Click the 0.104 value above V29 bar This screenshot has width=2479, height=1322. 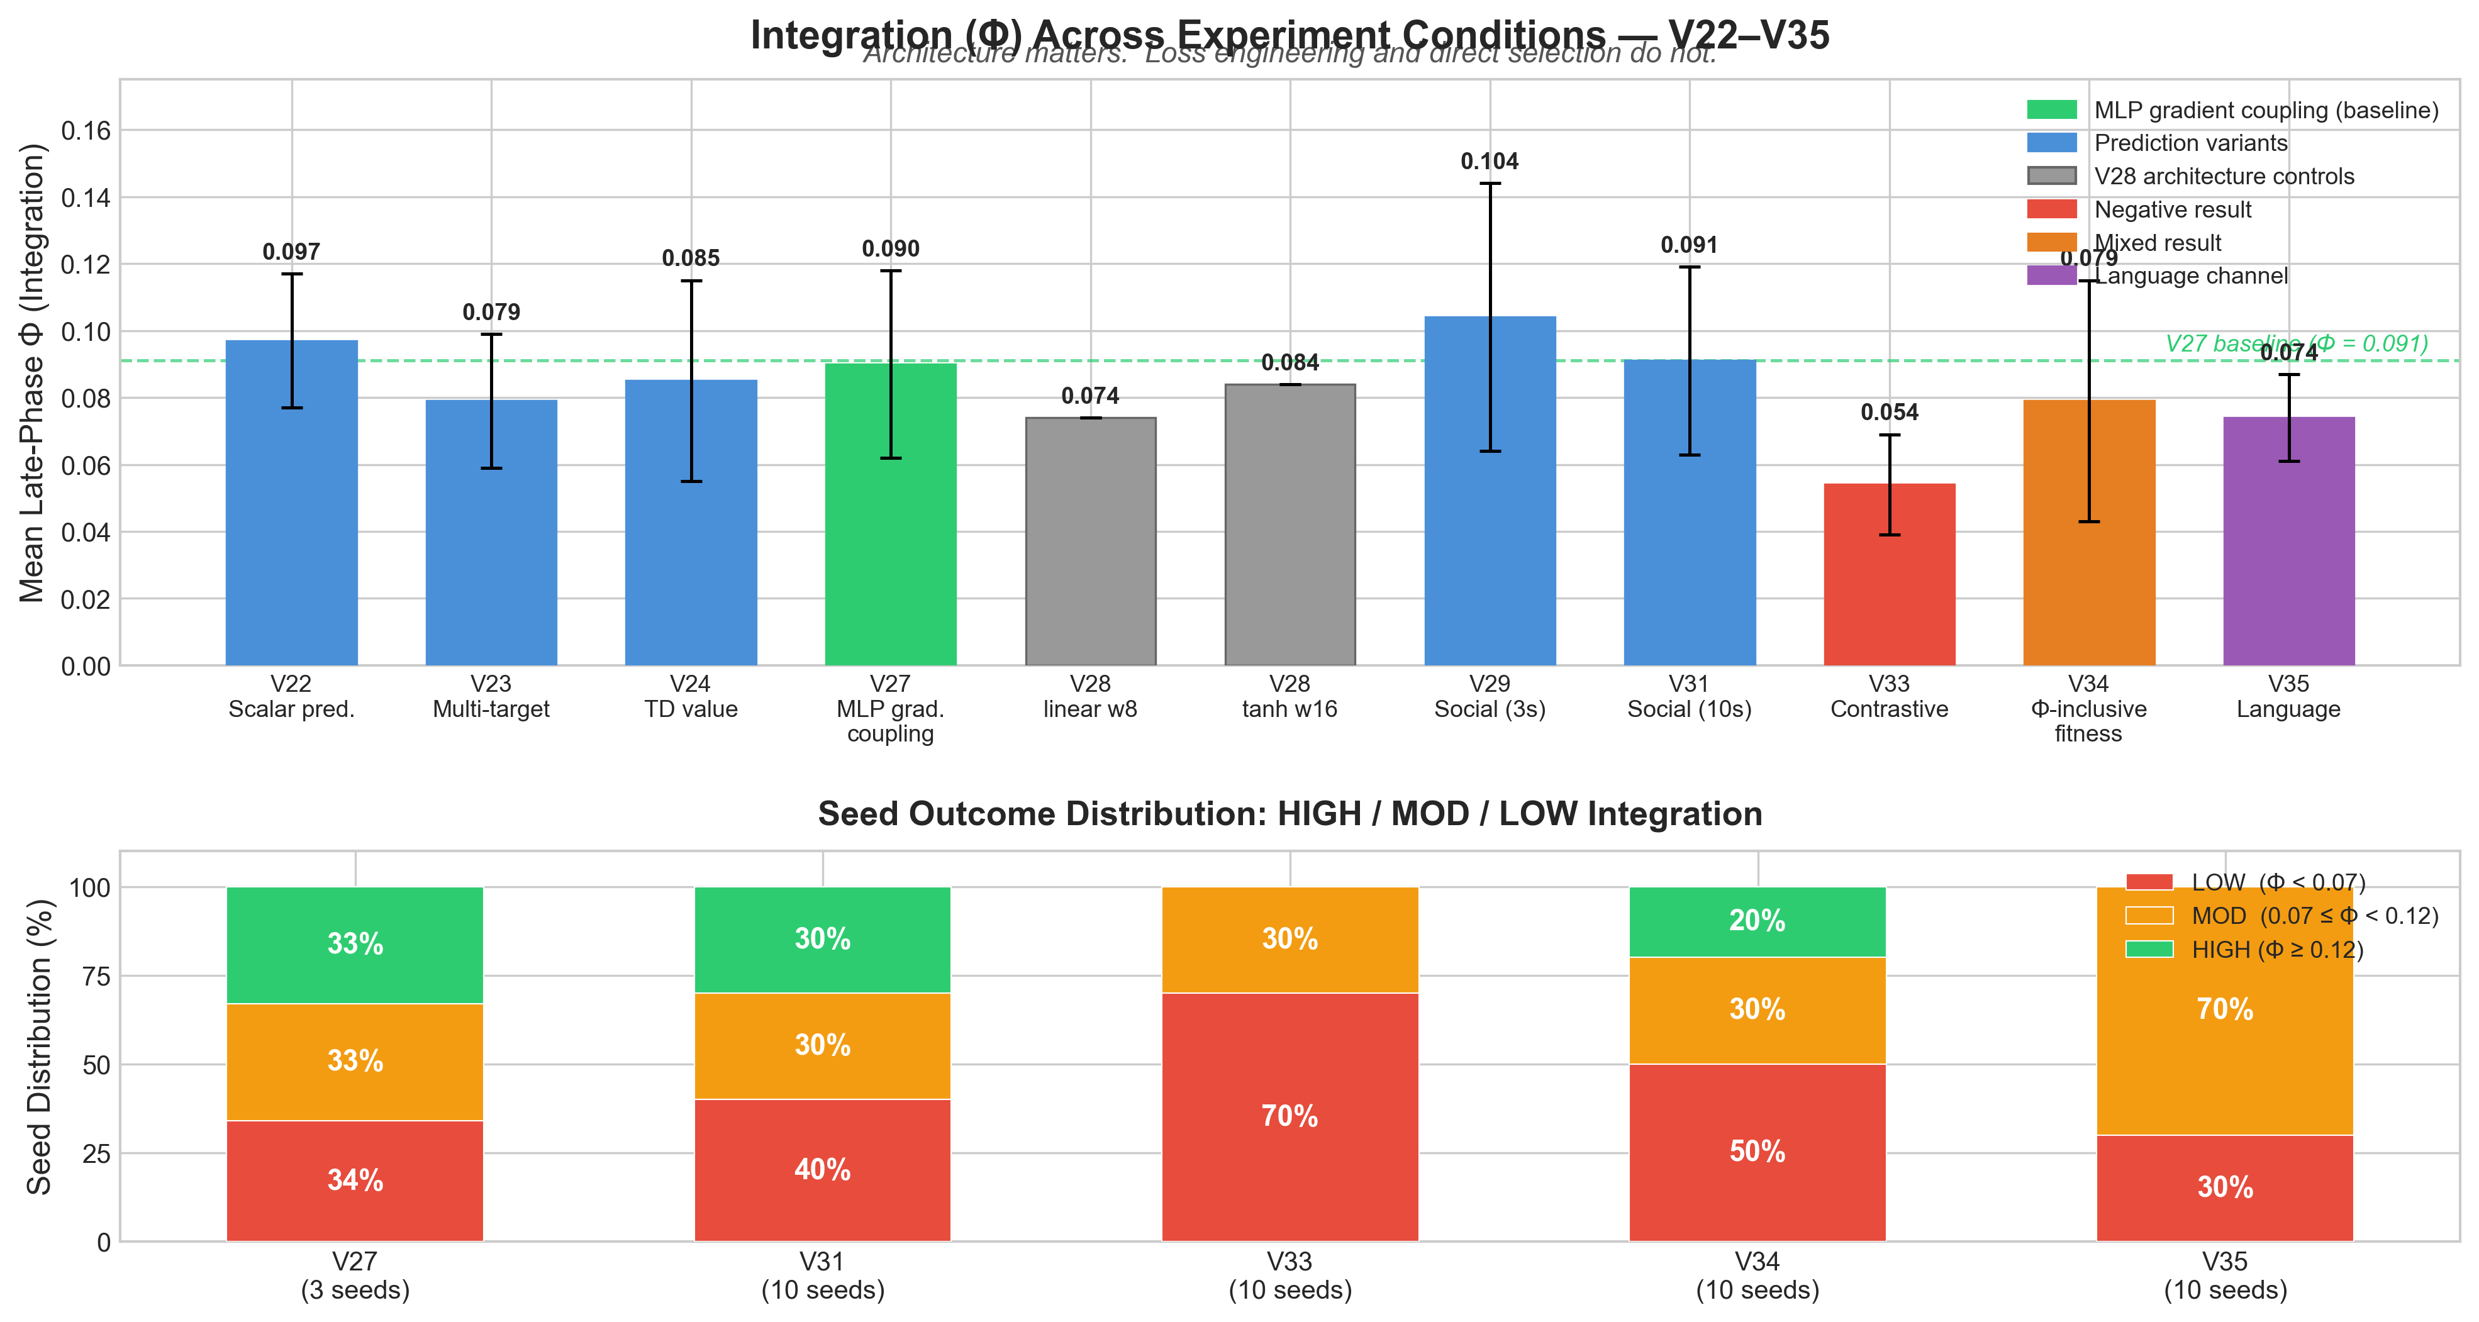pyautogui.click(x=1490, y=162)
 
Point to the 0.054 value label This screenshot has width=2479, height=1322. pyautogui.click(x=1889, y=413)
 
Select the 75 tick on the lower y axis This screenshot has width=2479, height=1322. pyautogui.click(x=96, y=975)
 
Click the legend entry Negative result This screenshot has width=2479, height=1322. pyautogui.click(x=2173, y=210)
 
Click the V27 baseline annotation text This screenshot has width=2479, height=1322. pyautogui.click(x=2296, y=343)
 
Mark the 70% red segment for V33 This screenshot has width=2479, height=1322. pyautogui.click(x=1290, y=1116)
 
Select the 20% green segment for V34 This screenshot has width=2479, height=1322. pyautogui.click(x=1758, y=921)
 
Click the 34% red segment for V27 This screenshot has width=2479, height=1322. pyautogui.click(x=355, y=1180)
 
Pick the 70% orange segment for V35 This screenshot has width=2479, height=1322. pyautogui.click(x=2225, y=1009)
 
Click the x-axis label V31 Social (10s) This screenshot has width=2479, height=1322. pyautogui.click(x=1689, y=697)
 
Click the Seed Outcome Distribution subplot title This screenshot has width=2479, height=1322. pyautogui.click(x=1290, y=814)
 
